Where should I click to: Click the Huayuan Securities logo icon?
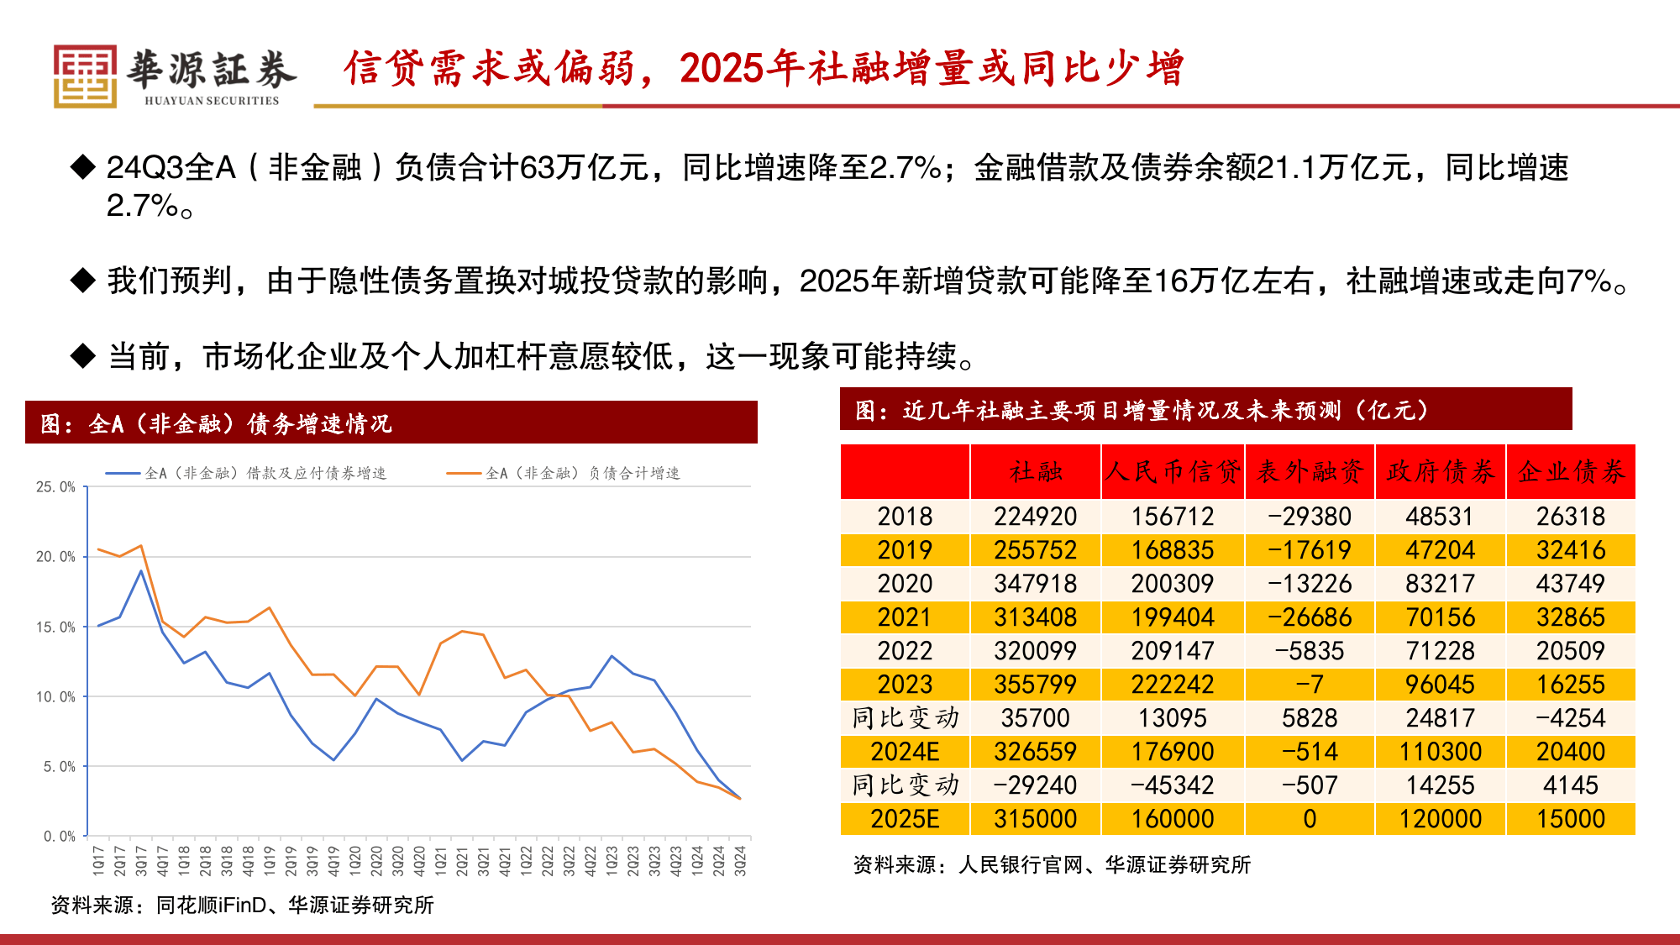(85, 76)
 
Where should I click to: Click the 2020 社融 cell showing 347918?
(1035, 584)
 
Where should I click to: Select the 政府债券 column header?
(1441, 471)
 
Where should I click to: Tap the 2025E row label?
(905, 819)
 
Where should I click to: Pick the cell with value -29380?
(1310, 517)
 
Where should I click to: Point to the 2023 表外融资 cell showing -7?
(1310, 685)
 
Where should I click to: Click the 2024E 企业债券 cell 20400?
(1570, 752)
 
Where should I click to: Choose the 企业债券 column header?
(1571, 471)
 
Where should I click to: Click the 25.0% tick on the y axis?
(55, 487)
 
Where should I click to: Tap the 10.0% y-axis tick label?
(55, 696)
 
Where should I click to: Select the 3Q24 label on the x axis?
(740, 861)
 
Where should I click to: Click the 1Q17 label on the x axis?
(98, 861)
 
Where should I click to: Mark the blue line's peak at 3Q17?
(141, 571)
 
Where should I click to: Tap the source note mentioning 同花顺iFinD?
(242, 905)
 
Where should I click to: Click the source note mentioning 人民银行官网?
(1052, 864)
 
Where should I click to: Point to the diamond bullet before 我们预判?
(83, 281)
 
